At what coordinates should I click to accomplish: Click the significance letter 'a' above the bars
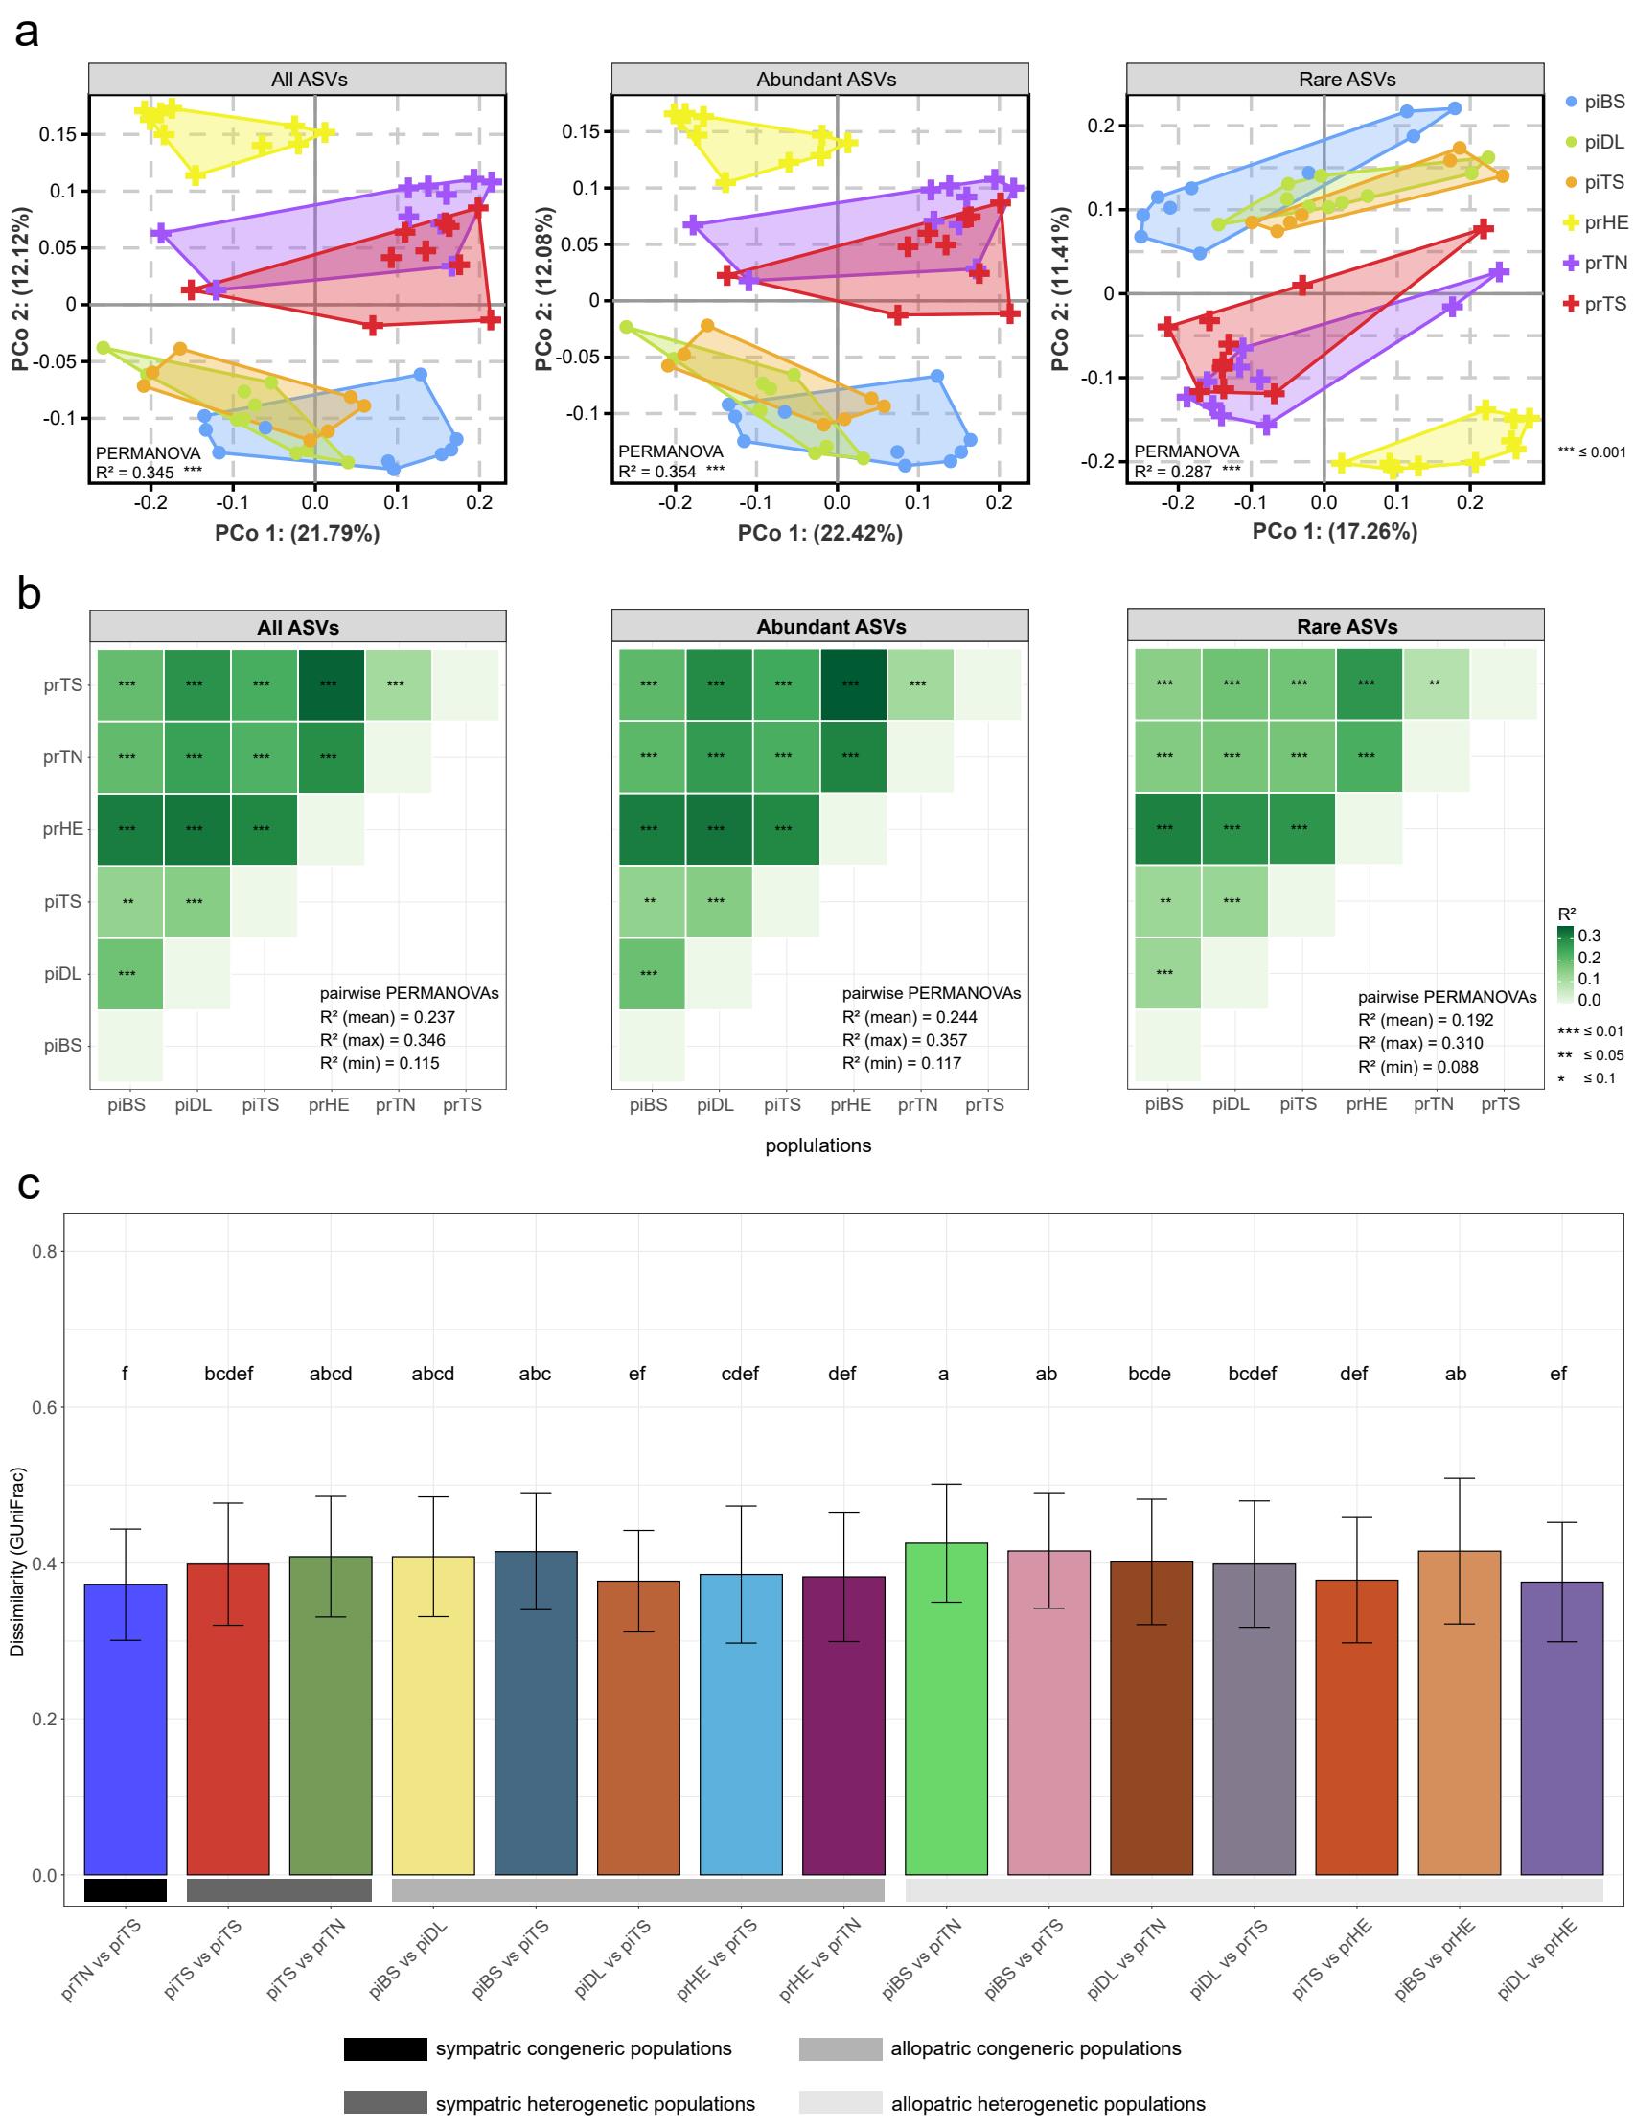[943, 1374]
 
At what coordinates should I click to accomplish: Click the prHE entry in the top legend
[1595, 222]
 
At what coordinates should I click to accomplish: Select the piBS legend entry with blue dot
[1595, 102]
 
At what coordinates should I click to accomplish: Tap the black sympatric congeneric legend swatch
[384, 2048]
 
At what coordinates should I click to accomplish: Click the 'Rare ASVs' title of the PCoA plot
[1347, 80]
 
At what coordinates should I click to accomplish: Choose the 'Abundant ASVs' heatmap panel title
[831, 627]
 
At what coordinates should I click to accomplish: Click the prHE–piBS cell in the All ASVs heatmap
[127, 829]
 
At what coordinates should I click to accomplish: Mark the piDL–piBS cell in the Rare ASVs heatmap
[1165, 973]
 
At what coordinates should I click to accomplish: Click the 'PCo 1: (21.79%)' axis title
[297, 534]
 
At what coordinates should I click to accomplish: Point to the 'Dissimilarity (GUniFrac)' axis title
[17, 1561]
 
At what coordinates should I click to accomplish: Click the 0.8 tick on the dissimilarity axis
[44, 1251]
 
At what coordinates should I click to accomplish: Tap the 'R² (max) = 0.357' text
[904, 1040]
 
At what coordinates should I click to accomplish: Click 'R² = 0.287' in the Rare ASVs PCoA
[1174, 472]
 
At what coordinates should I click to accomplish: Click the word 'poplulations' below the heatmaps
[817, 1145]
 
